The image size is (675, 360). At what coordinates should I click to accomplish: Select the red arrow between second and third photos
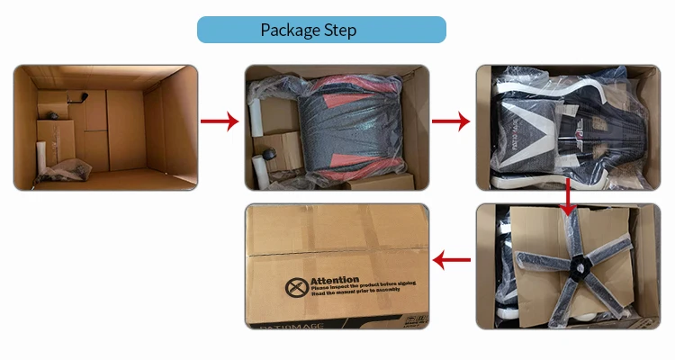453,121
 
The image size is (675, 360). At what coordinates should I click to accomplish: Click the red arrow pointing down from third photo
567,199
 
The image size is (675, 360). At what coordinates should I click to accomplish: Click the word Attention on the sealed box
334,281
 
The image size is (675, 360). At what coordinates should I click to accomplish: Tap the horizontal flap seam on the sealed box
337,254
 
